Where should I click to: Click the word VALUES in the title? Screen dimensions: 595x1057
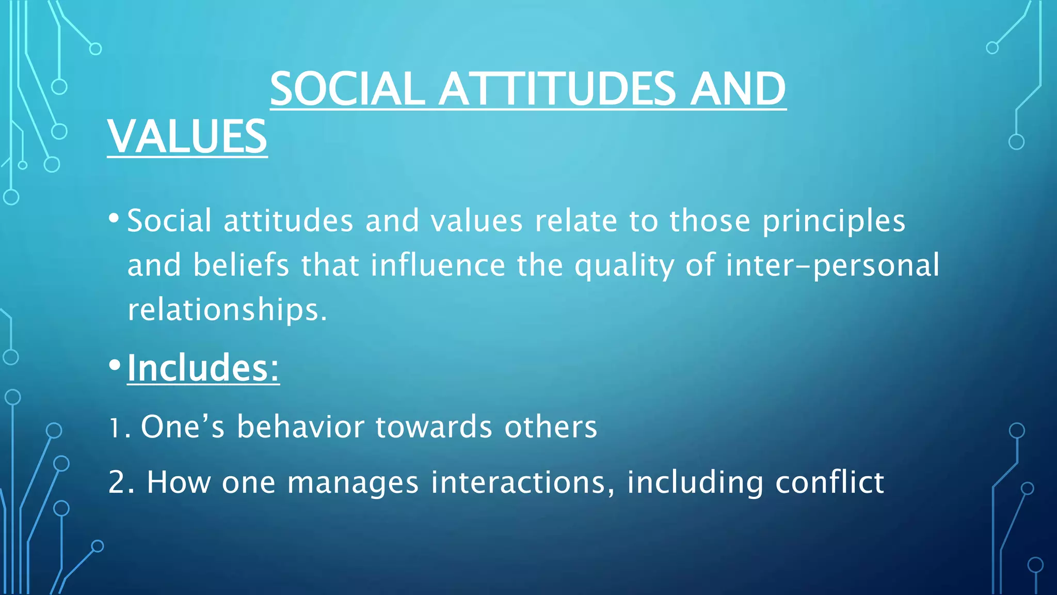187,136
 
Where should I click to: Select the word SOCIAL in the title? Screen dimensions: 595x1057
347,89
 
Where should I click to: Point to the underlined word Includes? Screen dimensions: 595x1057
203,368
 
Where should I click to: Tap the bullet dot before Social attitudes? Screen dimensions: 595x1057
115,217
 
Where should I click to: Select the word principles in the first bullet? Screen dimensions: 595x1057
834,221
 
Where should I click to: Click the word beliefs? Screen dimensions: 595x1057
241,265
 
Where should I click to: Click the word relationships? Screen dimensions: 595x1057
227,309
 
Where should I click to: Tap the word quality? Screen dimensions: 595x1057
624,265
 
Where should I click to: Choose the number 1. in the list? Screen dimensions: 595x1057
119,428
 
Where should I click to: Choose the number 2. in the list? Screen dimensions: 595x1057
121,482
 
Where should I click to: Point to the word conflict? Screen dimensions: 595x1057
829,482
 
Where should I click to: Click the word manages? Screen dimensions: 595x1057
353,483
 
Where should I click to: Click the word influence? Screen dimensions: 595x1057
438,265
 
